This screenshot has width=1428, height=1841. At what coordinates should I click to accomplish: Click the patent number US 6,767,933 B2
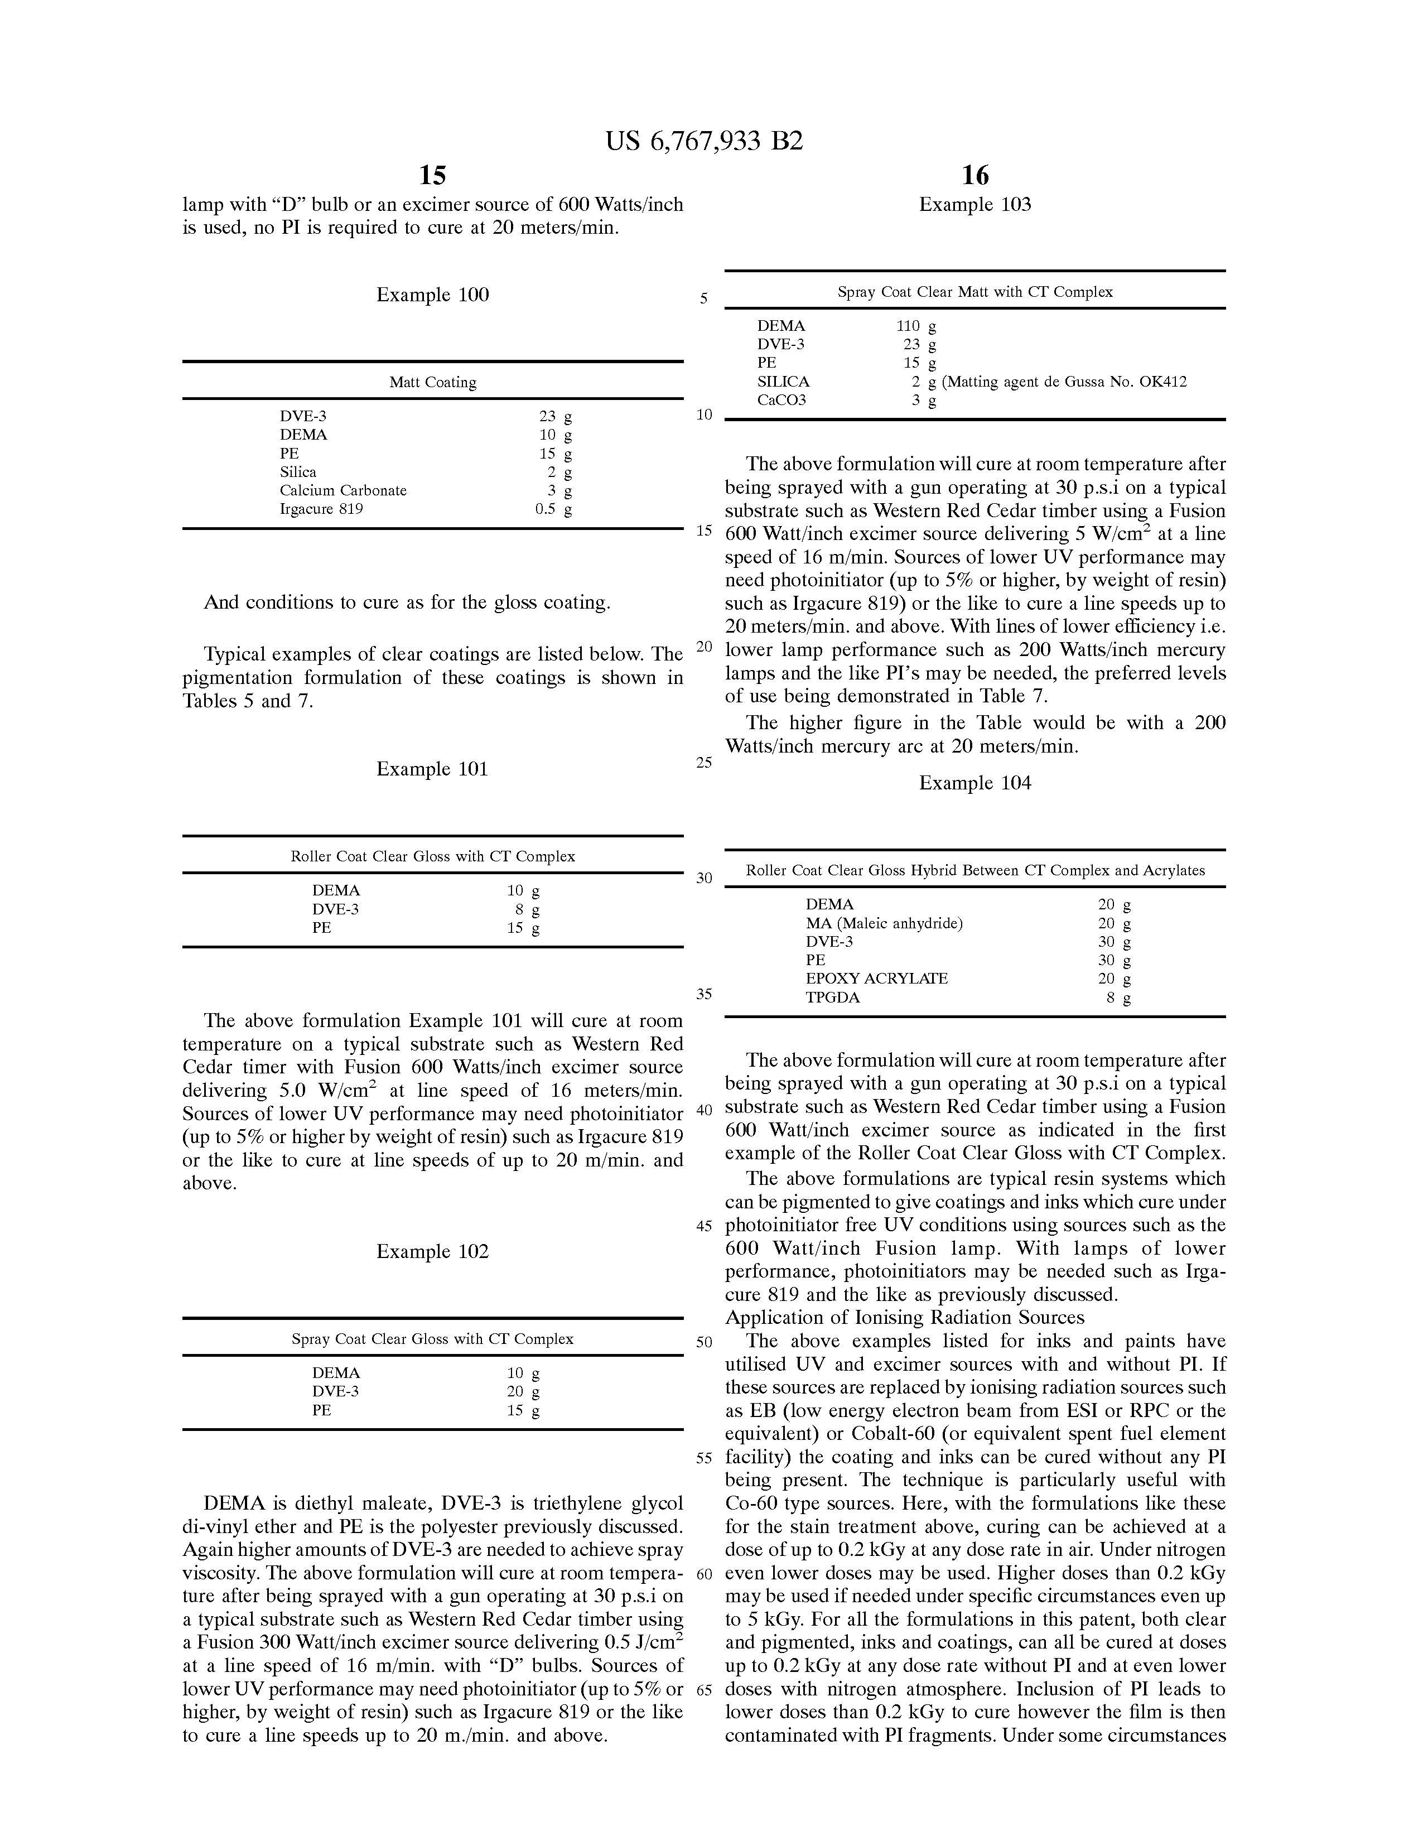[704, 141]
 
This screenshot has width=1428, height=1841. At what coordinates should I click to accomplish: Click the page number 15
[432, 175]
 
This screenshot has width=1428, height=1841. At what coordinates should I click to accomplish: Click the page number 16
[974, 175]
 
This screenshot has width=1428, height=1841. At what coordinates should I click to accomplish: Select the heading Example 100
[432, 295]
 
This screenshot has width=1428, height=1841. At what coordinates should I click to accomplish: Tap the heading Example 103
[974, 205]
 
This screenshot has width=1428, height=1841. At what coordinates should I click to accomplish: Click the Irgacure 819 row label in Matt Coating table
[321, 509]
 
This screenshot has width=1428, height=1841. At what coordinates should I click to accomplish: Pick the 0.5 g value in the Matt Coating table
[553, 509]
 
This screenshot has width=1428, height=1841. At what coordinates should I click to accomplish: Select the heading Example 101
[432, 769]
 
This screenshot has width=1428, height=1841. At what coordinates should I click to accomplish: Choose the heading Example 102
[432, 1252]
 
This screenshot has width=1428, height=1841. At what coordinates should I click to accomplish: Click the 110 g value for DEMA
[915, 326]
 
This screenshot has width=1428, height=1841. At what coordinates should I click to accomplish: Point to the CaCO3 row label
[781, 401]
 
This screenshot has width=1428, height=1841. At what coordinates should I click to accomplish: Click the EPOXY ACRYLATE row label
[877, 979]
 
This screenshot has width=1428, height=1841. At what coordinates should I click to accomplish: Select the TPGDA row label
[832, 998]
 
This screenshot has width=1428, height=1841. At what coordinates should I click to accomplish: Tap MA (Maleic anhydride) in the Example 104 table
[884, 923]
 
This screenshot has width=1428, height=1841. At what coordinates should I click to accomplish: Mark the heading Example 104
[974, 783]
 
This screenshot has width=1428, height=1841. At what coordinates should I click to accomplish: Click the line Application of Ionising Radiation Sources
[905, 1318]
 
